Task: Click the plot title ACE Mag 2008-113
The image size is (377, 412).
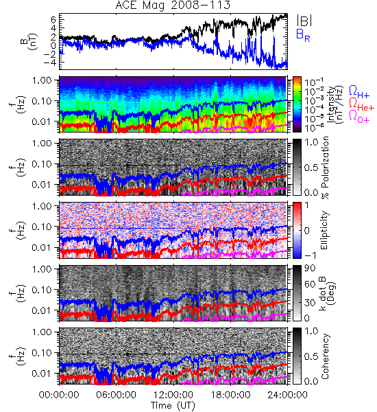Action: point(173,5)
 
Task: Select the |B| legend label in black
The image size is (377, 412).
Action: point(304,20)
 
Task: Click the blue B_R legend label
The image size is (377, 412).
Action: point(303,35)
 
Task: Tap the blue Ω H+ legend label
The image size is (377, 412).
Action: point(359,92)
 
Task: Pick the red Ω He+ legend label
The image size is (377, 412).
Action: point(361,104)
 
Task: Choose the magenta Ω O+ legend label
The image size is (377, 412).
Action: point(359,117)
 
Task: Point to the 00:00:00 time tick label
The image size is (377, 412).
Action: point(59,395)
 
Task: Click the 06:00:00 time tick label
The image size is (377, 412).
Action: point(117,395)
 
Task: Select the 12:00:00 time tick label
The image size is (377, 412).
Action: point(173,395)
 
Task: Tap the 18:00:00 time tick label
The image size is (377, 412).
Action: point(230,395)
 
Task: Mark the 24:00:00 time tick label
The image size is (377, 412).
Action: point(287,395)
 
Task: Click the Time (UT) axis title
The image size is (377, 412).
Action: point(173,406)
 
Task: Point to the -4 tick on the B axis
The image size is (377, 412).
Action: point(50,62)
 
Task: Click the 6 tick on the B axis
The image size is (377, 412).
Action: point(53,19)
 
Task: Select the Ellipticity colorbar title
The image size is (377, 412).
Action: point(324,230)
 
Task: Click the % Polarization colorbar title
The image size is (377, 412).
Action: point(325,168)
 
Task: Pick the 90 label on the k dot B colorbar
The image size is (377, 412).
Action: point(310,268)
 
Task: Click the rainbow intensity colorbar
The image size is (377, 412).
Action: point(297,104)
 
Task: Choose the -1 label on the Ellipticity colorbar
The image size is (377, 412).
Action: point(311,255)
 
